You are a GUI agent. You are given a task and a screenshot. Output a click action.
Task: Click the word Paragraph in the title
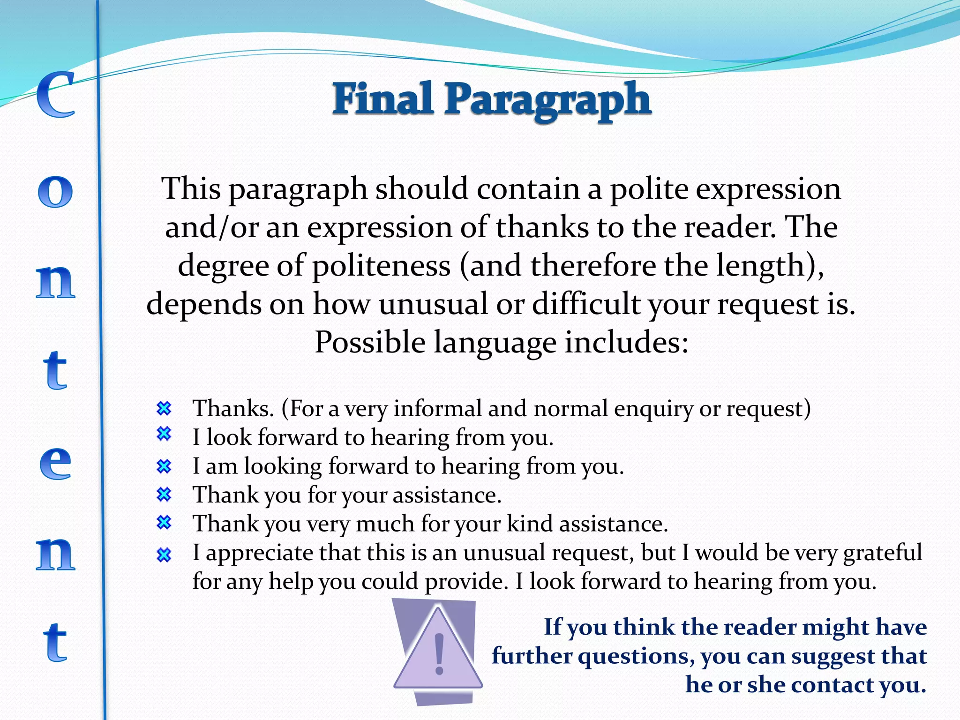coord(547,101)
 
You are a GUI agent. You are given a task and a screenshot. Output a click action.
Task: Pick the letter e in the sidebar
coord(55,463)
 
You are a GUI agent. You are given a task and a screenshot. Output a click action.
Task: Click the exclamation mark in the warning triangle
coord(439,654)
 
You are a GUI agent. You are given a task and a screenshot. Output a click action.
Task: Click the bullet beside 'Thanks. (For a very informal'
coord(164,409)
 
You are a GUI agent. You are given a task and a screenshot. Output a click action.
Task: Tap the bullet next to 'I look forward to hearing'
coord(164,434)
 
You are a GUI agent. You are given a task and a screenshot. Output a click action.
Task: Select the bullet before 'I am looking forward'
coord(164,466)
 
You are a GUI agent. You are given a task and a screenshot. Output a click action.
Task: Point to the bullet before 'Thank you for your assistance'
coord(164,494)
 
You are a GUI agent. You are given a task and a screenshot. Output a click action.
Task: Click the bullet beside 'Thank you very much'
coord(164,522)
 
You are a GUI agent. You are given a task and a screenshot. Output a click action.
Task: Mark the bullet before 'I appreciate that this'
coord(164,555)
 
